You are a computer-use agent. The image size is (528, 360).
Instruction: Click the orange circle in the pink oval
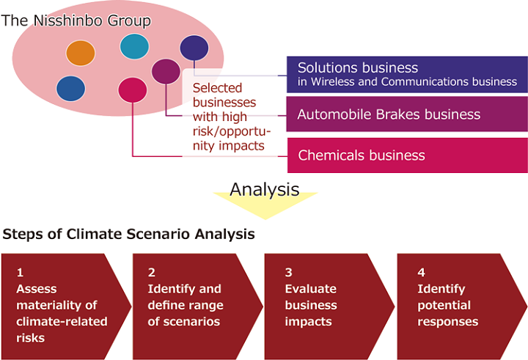coord(81,53)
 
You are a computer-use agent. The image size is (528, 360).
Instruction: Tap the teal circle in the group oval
coord(134,46)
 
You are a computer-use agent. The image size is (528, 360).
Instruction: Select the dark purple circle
coord(194,48)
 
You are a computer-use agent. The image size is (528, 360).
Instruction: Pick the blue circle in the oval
coord(71,88)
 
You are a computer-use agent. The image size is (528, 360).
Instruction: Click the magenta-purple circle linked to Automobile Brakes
coord(166,71)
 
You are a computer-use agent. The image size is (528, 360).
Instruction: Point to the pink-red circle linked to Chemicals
coord(132,89)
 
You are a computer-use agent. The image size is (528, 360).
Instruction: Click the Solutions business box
coord(407,74)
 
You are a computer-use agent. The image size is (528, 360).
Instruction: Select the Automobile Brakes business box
coord(407,114)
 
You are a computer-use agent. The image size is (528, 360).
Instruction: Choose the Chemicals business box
coord(407,155)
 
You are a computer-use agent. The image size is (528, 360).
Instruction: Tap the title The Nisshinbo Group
coord(76,21)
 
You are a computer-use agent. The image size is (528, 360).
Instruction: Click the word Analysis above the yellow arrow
coord(264,189)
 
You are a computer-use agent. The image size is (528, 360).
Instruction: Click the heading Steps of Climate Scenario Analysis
coord(129,235)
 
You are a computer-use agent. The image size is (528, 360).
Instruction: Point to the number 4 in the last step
coord(421,272)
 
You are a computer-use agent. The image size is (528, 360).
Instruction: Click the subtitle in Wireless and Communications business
coord(407,82)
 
